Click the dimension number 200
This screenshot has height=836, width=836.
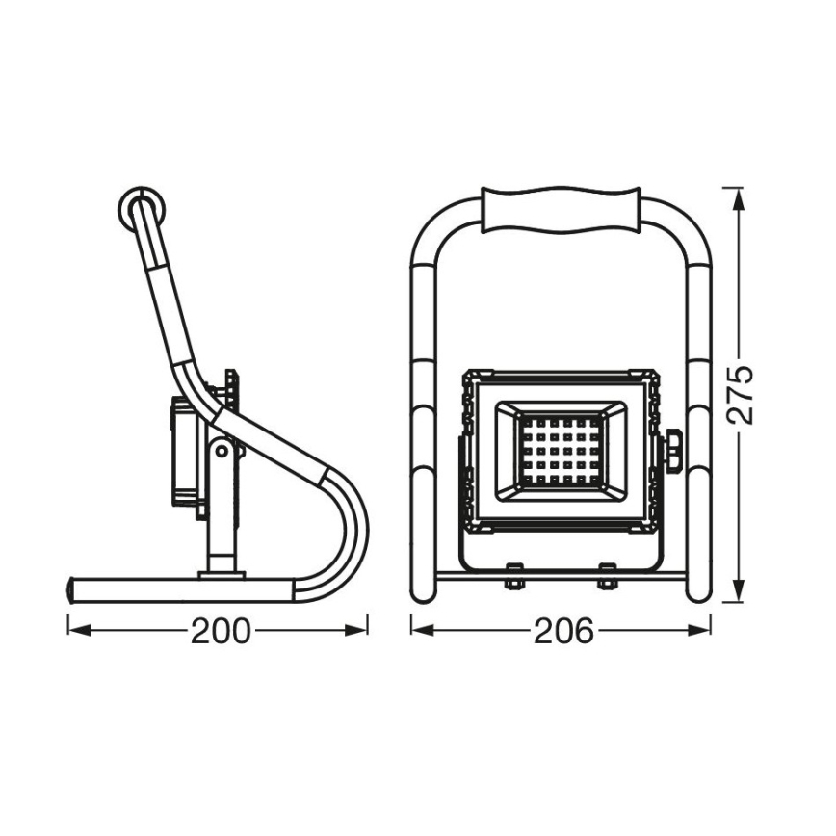tap(221, 632)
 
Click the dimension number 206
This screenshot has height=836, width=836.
tap(563, 632)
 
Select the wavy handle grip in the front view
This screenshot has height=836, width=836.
tap(562, 209)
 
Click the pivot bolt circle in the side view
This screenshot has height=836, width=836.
tap(222, 451)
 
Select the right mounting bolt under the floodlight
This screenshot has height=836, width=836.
tap(608, 575)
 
